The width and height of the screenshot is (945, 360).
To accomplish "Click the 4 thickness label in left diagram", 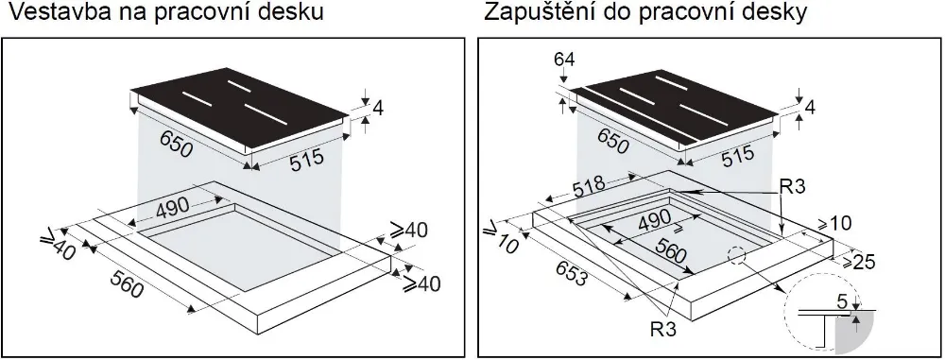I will coord(378,109).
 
